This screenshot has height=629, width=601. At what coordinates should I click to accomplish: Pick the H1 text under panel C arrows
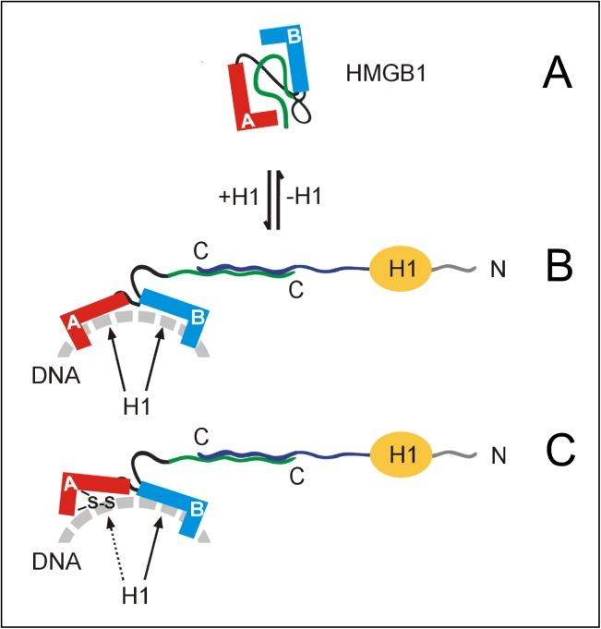pyautogui.click(x=137, y=591)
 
